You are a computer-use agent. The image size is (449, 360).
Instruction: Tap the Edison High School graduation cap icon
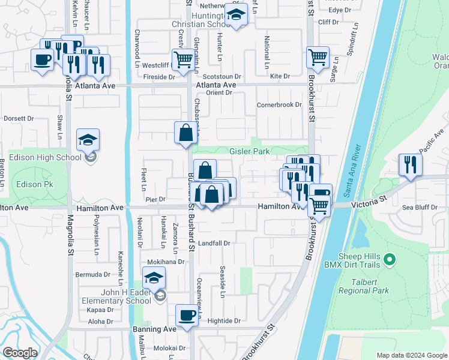[x=88, y=140]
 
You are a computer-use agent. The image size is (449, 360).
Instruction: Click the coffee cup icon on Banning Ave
[x=187, y=315]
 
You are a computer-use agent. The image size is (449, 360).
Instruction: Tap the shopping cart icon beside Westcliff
[x=182, y=59]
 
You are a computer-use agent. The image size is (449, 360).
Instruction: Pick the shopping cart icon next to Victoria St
[x=320, y=205]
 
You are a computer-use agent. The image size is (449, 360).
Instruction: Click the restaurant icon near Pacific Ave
[x=410, y=165]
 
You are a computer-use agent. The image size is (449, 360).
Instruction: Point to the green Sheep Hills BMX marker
[x=390, y=260]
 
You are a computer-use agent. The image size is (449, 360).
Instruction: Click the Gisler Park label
[x=249, y=152]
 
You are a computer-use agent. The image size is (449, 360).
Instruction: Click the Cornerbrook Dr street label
[x=279, y=104]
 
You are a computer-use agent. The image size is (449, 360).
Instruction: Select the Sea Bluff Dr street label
[x=418, y=207]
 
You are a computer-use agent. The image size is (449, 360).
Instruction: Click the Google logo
[x=19, y=353]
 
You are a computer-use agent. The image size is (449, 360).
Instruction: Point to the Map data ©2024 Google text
[x=411, y=355]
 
